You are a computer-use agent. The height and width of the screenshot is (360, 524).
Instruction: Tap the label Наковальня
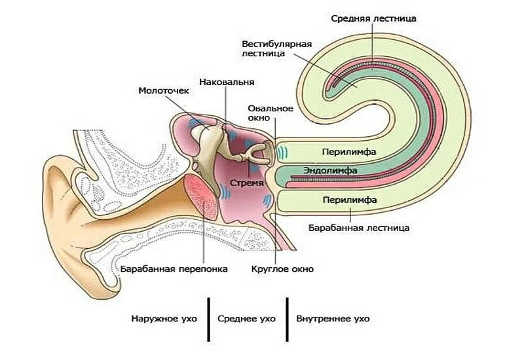tap(227, 82)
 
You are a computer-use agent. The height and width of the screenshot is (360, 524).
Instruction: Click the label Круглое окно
tap(282, 268)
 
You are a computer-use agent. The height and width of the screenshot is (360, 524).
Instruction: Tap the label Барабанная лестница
tap(358, 228)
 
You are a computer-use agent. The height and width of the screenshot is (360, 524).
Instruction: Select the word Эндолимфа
tap(329, 170)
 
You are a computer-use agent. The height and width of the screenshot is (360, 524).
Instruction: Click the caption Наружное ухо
tap(164, 319)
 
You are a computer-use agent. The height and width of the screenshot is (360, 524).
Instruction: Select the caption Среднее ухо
tap(246, 319)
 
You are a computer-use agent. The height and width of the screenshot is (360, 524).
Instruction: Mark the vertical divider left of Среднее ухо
tap(208, 319)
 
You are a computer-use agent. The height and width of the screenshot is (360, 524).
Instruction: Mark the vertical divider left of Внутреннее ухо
tap(286, 319)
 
